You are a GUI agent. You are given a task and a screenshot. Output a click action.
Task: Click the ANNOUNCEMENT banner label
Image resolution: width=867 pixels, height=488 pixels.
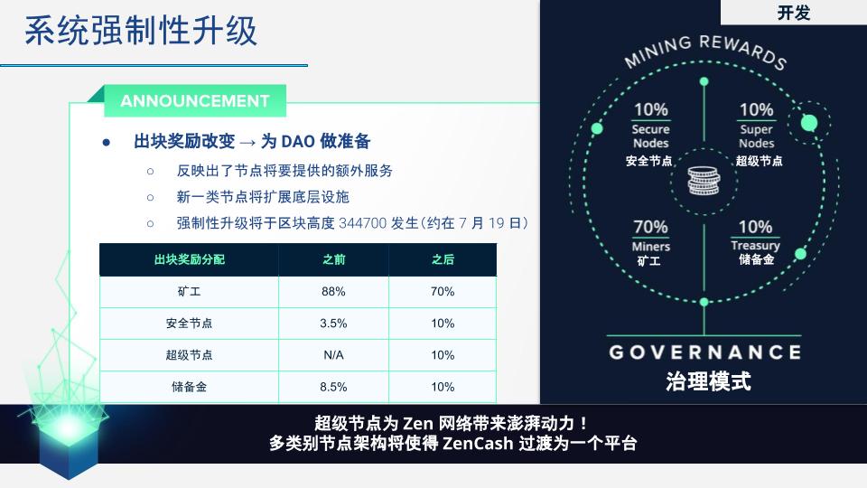(195, 100)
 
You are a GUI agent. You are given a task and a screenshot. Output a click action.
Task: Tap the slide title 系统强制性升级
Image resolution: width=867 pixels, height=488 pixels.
(141, 31)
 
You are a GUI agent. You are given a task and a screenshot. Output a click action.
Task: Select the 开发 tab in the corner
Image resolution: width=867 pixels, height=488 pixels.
(794, 12)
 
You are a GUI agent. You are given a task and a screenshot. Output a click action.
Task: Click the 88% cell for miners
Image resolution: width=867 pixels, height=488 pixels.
(333, 292)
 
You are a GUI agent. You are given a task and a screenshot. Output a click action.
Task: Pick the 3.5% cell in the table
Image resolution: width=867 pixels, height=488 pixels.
(333, 324)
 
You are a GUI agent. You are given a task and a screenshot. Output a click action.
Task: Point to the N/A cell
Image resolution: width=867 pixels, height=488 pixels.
(333, 355)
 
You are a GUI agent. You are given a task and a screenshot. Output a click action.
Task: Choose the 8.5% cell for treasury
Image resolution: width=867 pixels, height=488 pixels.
(333, 387)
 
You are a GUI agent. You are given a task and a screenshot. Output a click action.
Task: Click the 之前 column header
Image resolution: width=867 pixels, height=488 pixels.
(333, 259)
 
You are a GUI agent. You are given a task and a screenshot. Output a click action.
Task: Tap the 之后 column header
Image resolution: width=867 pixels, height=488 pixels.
(443, 259)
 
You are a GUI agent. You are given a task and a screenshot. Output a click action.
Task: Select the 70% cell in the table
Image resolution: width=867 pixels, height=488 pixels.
(443, 292)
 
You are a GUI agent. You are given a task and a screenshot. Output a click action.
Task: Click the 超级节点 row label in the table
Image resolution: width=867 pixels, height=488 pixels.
(189, 355)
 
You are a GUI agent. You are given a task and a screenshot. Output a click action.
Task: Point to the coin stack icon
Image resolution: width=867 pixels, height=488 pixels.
(704, 181)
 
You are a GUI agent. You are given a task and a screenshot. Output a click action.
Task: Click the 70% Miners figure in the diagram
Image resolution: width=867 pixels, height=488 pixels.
(651, 227)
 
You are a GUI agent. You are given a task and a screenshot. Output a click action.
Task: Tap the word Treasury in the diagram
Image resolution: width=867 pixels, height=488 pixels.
(755, 245)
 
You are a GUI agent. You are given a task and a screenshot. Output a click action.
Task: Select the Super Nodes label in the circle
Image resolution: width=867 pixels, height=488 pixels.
(757, 136)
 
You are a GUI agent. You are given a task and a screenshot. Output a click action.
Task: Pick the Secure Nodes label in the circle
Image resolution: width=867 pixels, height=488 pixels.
(651, 136)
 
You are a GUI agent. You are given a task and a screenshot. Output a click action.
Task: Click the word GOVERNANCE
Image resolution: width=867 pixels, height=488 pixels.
(705, 352)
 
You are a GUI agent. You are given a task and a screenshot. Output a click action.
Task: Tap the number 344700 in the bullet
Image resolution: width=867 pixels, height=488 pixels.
(363, 223)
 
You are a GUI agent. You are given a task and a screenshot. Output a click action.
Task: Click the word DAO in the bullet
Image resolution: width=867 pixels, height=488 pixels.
(298, 142)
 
